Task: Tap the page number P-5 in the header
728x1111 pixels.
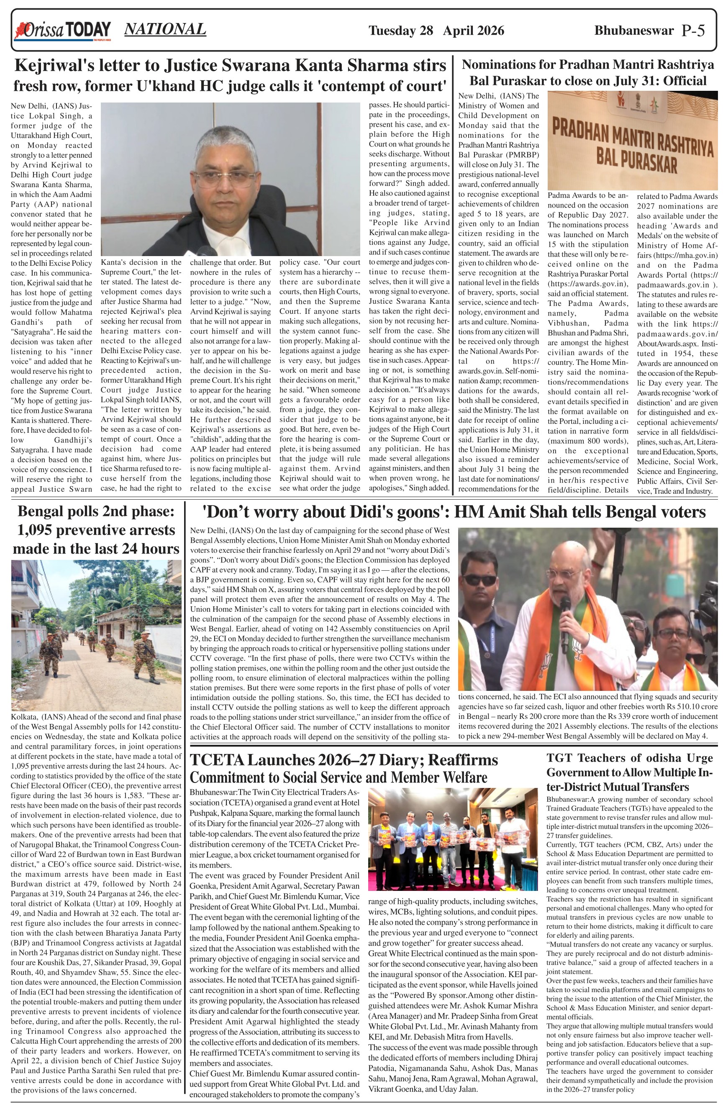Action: [x=693, y=31]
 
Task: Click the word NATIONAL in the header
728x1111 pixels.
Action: [x=165, y=29]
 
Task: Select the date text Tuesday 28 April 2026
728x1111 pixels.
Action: [x=436, y=31]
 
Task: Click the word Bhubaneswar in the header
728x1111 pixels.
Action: [x=634, y=31]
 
